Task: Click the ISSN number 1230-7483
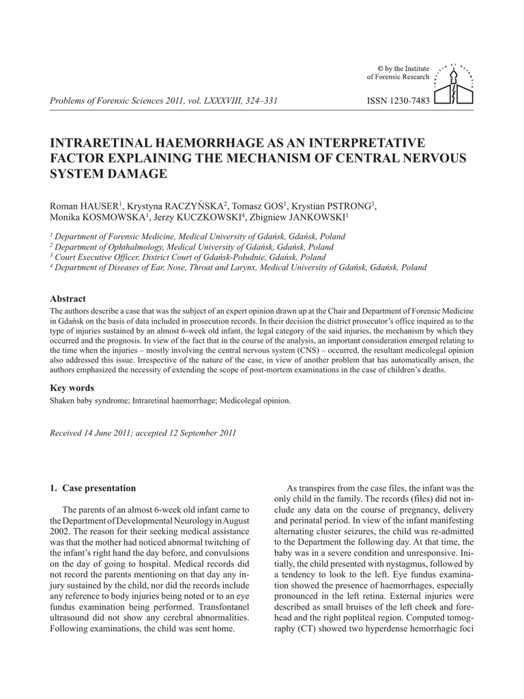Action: point(398,102)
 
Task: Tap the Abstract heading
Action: point(68,299)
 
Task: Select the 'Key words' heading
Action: point(72,388)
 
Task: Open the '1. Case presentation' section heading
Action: point(93,488)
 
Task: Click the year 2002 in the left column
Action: point(59,530)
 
